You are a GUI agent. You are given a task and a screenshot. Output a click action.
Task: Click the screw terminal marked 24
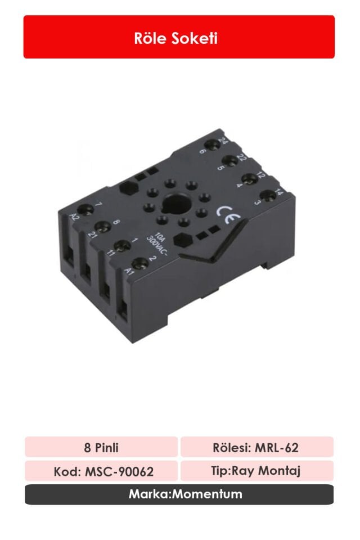[x=213, y=145]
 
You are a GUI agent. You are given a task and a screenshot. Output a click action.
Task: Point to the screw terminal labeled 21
[x=102, y=227]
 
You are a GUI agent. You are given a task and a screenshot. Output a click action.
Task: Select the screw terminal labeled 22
[x=231, y=161]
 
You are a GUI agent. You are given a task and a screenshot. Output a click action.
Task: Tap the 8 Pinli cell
[x=101, y=448]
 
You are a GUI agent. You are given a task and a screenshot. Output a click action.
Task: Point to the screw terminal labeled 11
[x=120, y=246]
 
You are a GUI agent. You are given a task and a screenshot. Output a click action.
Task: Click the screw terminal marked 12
[x=250, y=177]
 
